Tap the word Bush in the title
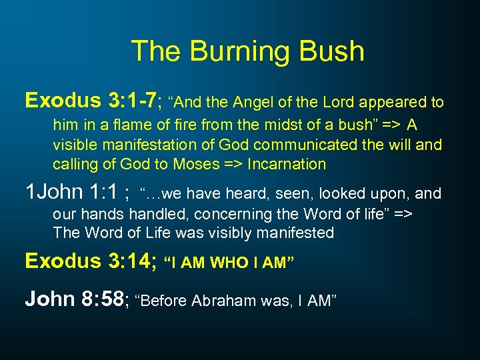(x=331, y=51)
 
